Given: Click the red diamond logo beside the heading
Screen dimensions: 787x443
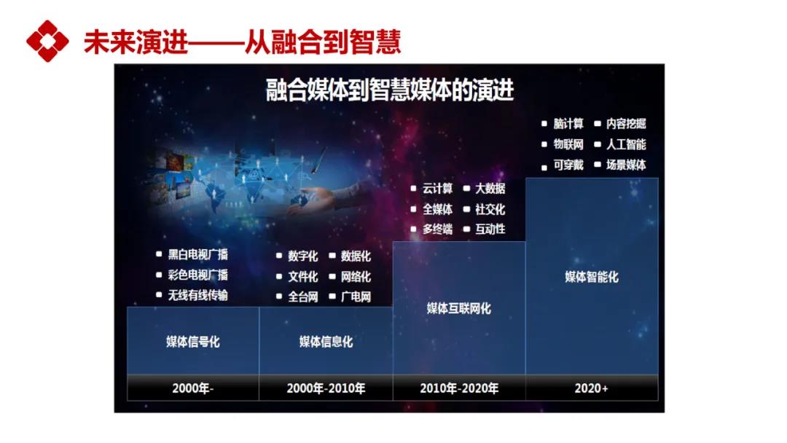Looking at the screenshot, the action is (47, 41).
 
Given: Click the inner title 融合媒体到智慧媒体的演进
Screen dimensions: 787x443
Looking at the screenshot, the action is (389, 90).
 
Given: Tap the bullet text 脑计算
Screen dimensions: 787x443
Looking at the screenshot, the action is (568, 123).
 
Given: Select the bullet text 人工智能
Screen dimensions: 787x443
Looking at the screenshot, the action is (626, 144).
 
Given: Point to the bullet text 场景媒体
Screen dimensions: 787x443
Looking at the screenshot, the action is (626, 165).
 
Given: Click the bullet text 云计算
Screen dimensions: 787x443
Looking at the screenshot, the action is (437, 189).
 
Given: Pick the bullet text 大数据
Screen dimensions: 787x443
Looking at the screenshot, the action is (490, 189).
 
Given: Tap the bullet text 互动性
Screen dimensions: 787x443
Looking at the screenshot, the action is (490, 230).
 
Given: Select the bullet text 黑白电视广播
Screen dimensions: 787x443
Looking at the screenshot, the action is (197, 255).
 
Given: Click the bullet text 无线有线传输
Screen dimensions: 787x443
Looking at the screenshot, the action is (197, 295).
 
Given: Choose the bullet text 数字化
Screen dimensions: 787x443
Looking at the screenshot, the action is (302, 256).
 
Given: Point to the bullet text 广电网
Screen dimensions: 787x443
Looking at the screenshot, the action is (356, 297).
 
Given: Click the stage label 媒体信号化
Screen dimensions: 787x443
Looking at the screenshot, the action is (192, 342).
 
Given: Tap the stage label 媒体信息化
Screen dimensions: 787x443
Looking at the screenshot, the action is (326, 342).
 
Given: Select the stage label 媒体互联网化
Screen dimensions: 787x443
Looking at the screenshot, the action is (459, 308).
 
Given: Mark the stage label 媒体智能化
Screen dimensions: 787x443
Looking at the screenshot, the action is (591, 277).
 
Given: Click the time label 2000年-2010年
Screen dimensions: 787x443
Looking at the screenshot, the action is (326, 388).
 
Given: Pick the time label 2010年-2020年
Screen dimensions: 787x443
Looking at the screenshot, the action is (459, 388).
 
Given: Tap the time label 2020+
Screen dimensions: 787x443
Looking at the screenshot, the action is (591, 388).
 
